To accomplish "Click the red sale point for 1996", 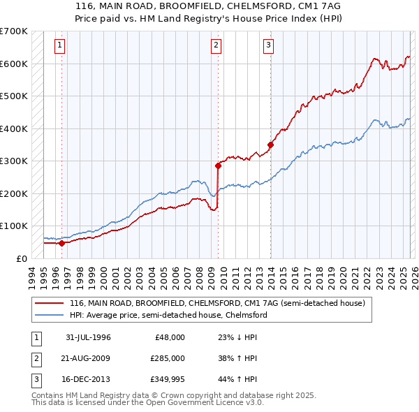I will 61,243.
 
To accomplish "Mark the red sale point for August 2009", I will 218,165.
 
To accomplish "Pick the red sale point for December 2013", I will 270,145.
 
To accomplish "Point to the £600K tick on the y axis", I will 14,64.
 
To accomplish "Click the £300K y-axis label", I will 14,161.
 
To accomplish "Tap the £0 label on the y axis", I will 21,258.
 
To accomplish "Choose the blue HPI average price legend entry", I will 168,315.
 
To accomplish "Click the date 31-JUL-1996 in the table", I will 88,337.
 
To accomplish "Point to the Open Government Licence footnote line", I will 138,403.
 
